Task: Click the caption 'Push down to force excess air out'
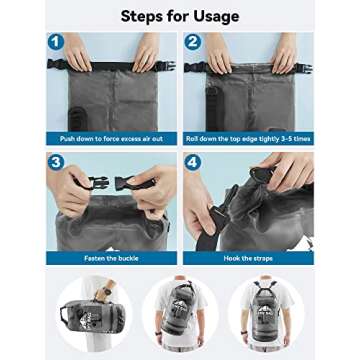tap(111, 136)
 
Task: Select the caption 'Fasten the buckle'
tap(111, 257)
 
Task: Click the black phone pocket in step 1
tap(67, 109)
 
